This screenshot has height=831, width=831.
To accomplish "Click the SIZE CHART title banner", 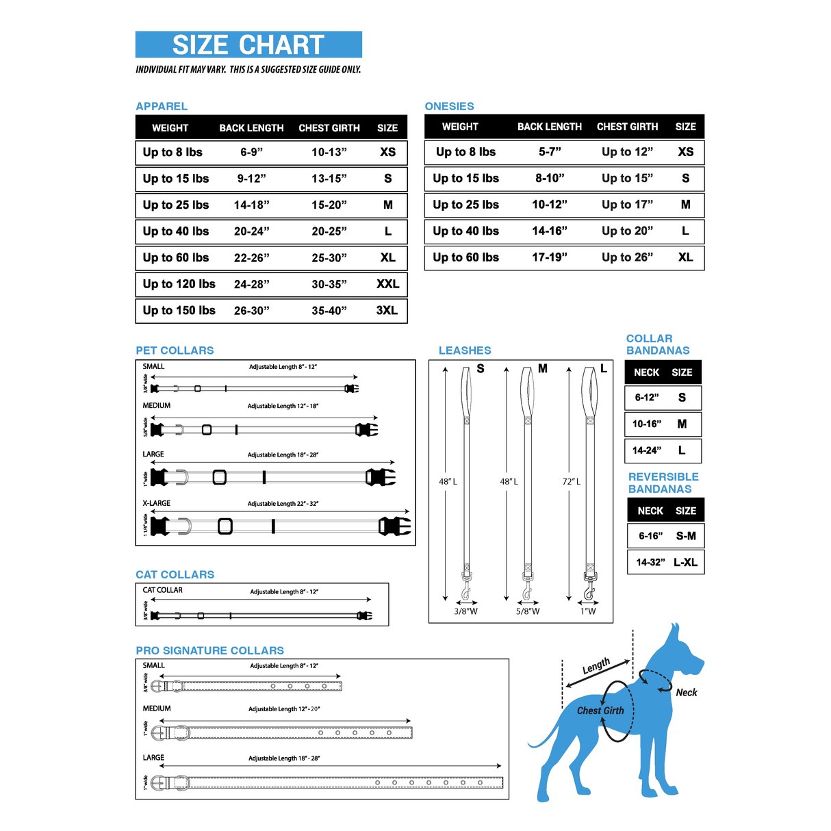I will click(248, 44).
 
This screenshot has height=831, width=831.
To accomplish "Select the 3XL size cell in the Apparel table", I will click(387, 310).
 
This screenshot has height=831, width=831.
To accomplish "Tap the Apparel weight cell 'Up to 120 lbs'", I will click(179, 284).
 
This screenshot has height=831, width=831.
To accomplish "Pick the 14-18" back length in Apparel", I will click(251, 205).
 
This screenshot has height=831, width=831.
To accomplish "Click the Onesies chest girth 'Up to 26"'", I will click(627, 257).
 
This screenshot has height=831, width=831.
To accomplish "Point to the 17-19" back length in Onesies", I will click(550, 257).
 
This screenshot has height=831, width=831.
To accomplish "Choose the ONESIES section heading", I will click(449, 106).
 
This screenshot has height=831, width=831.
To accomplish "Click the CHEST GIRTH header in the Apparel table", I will click(329, 128).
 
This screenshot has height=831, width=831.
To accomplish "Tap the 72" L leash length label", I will click(572, 482).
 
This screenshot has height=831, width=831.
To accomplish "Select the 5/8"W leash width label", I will click(528, 611).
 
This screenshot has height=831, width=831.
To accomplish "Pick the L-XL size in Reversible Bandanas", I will click(685, 563).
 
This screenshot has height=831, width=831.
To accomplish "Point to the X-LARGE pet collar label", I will click(156, 503).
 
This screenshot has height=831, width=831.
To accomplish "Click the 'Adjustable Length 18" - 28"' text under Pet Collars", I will click(283, 455).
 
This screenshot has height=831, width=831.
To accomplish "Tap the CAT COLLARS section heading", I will click(175, 574).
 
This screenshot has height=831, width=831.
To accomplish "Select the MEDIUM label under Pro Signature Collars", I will click(157, 708).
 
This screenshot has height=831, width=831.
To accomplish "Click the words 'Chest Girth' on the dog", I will click(600, 711).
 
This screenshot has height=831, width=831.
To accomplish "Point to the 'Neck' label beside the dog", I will click(687, 693).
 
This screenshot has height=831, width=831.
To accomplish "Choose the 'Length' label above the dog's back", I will click(596, 666).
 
